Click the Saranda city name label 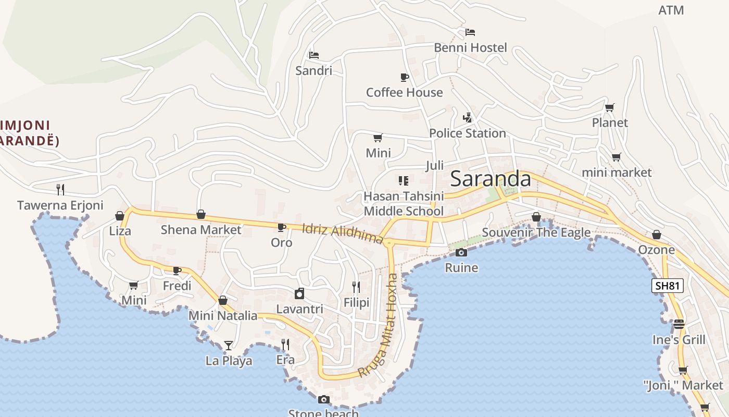pos(491,179)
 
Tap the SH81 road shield pos(667,286)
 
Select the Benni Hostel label pos(470,47)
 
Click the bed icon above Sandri pos(313,55)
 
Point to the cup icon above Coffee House pos(404,78)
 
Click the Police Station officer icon pos(467,118)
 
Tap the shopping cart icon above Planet pos(609,107)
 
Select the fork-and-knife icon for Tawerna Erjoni pos(60,189)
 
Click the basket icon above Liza pos(120,216)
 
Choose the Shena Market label pos(201,229)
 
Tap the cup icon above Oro pos(281,227)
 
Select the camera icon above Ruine pos(461,253)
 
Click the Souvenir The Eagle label pos(536,232)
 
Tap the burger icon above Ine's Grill pos(678,324)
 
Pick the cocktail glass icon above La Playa pos(228,345)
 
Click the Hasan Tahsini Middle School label pos(404,203)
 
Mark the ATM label pos(671,10)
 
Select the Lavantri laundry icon pos(299,293)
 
